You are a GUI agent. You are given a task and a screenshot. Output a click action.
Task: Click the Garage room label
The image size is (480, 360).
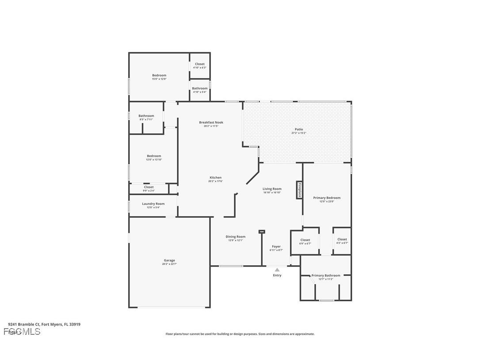click(169, 260)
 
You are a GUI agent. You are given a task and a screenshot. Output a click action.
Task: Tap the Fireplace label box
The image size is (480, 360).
click(299, 190)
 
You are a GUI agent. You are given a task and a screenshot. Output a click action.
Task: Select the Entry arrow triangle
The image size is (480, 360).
click(277, 269)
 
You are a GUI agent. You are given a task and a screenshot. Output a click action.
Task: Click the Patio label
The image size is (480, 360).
click(299, 130)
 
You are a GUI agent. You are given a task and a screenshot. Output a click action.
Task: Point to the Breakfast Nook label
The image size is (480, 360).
click(211, 123)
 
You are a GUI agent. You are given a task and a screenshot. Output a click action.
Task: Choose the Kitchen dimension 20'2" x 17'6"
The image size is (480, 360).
click(215, 181)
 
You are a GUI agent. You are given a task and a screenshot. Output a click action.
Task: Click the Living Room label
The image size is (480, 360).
click(272, 189)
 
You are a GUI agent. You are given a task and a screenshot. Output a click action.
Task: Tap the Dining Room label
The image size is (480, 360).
click(235, 237)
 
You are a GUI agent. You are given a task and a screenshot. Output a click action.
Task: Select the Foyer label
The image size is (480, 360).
click(276, 247)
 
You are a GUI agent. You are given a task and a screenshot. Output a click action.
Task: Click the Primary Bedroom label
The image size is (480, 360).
click(327, 198)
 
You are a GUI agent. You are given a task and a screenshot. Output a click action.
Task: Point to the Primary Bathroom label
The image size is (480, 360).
click(326, 276)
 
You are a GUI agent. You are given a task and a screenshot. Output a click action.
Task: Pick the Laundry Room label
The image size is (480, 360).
click(153, 204)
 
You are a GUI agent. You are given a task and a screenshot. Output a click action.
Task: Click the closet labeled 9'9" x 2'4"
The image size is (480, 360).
click(149, 188)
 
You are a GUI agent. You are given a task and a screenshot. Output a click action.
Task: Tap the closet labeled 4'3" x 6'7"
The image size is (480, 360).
click(342, 241)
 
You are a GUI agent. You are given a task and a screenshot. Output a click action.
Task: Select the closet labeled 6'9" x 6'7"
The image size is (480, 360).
click(305, 241)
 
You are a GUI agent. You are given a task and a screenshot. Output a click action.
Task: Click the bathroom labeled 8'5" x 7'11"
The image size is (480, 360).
click(146, 117)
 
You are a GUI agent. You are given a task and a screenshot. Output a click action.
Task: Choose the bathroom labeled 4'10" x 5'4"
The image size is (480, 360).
click(200, 90)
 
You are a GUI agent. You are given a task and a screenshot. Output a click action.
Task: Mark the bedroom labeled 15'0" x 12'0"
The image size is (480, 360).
click(159, 77)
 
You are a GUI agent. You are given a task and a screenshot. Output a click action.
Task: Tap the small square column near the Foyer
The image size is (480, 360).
click(262, 231)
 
